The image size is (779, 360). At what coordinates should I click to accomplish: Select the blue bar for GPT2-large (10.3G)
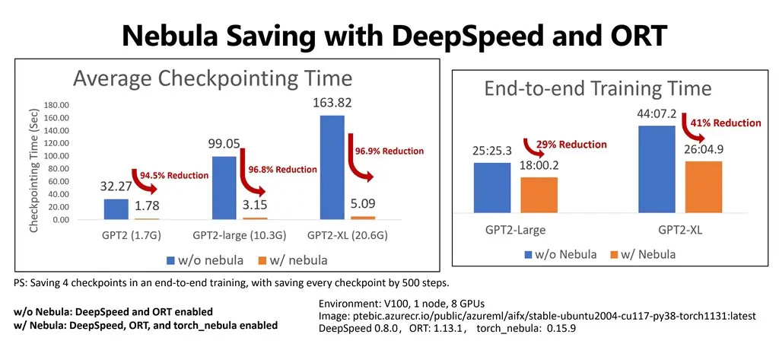[224, 188]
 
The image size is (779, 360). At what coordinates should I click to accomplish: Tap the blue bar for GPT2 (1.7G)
[116, 209]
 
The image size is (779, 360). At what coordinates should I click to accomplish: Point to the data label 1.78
[147, 205]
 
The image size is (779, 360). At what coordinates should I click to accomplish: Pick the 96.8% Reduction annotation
[281, 170]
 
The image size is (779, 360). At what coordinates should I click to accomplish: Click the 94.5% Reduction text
[173, 176]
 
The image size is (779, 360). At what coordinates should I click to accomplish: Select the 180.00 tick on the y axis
[56, 105]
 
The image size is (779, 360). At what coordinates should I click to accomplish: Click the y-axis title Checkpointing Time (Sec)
[34, 170]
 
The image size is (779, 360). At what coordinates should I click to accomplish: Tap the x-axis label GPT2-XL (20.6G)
[348, 235]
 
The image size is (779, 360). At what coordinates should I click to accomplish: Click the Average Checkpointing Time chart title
[212, 78]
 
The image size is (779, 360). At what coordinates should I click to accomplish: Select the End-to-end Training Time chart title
[597, 89]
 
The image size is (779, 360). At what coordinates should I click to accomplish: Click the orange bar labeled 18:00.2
[539, 199]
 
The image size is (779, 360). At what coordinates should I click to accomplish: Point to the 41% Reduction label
[725, 123]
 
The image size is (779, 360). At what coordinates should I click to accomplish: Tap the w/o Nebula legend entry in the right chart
[560, 253]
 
